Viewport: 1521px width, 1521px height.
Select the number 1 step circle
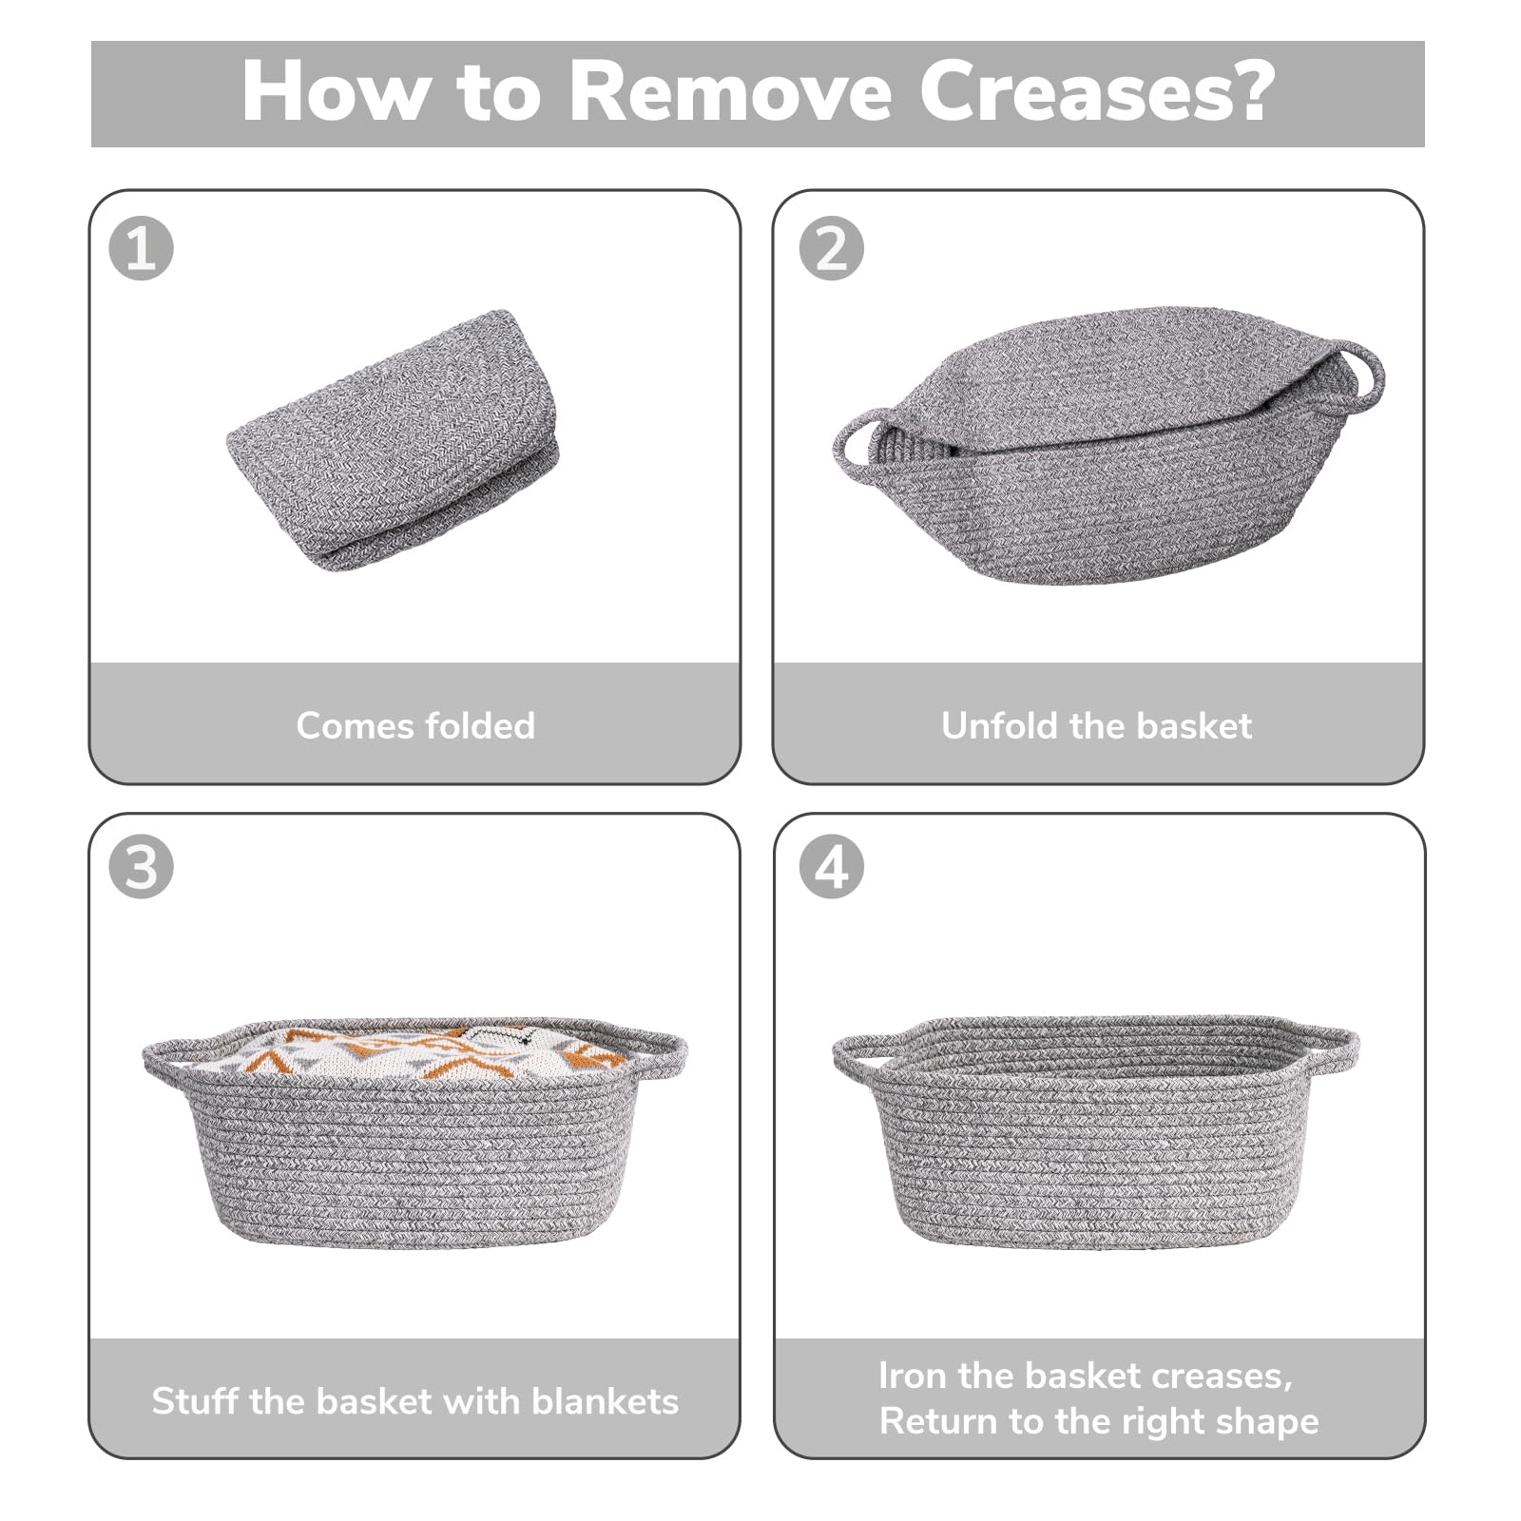[x=142, y=248]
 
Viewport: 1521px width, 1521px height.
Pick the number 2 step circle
[x=832, y=248]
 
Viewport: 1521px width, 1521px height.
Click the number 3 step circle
[x=142, y=867]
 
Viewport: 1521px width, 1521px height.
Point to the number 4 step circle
[x=832, y=867]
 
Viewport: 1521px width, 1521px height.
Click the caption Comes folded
[x=415, y=725]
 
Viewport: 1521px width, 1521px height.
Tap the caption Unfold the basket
[x=1096, y=725]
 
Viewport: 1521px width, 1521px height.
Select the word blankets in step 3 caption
[x=606, y=1400]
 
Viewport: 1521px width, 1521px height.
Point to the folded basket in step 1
[x=394, y=440]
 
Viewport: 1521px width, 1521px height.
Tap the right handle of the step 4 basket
[x=1331, y=1046]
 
